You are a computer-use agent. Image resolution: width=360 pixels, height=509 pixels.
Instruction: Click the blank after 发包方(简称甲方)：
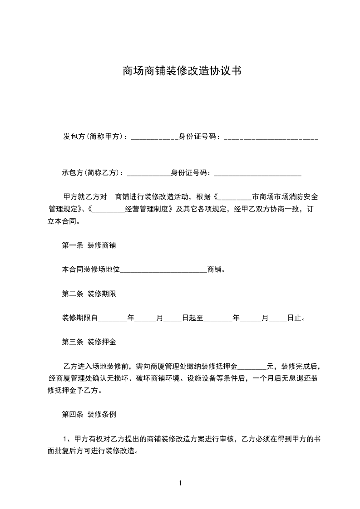pos(154,137)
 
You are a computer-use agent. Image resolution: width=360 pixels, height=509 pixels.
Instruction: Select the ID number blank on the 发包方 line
pos(271,137)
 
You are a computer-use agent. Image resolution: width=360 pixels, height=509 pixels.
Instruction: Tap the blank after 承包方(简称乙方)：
pos(148,173)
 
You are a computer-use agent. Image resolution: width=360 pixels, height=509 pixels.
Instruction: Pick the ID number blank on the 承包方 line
pos(257,173)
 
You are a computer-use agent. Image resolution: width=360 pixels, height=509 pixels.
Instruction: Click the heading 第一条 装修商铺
pos(89,245)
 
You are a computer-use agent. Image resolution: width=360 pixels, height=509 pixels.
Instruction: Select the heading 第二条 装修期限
pos(89,294)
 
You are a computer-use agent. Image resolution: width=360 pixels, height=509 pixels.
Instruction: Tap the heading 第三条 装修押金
pos(89,342)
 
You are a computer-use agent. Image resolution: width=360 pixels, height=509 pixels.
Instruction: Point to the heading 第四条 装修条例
pos(89,414)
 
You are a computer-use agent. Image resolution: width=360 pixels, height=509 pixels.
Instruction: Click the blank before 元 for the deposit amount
pos(252,366)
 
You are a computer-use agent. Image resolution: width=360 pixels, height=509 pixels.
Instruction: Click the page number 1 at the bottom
pos(180,483)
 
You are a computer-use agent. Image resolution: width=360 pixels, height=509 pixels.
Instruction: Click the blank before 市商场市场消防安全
pos(235,197)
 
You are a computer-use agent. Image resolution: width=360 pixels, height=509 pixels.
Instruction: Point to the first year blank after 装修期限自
pos(113,318)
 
